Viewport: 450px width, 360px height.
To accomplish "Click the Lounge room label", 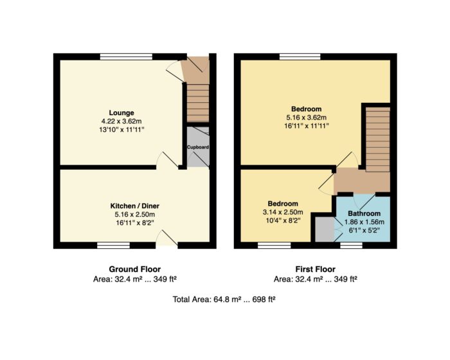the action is coord(122,113).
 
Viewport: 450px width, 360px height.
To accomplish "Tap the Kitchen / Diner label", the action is coord(134,206).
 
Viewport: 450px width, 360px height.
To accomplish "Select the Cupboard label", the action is coord(198,147).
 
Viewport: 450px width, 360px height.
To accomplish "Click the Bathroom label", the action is coord(364,213).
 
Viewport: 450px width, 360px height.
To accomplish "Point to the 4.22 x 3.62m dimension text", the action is coord(122,121).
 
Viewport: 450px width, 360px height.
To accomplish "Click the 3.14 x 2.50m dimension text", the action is coord(283,212).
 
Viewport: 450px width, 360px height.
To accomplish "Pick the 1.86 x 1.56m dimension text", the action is coord(364,222).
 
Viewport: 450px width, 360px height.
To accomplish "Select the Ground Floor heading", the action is coord(134,269).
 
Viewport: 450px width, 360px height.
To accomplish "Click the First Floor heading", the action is coord(316,269).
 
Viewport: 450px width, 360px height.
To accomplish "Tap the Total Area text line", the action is coord(224,300).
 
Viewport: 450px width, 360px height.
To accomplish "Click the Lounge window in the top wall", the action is coord(126,57).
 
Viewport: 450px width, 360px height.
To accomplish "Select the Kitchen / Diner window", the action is coord(113,245).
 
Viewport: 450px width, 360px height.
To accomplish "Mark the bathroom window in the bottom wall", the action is coord(351,245).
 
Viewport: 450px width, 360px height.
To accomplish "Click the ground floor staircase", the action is coord(198,103).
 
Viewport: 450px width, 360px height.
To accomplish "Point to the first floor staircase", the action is coord(378,139).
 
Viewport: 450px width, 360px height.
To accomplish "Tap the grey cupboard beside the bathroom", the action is coord(325,230).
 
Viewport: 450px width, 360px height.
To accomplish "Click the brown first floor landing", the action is coord(362,182).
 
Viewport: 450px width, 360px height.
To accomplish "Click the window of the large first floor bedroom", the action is coord(300,57).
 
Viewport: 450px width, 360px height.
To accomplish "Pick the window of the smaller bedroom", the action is coord(274,245).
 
